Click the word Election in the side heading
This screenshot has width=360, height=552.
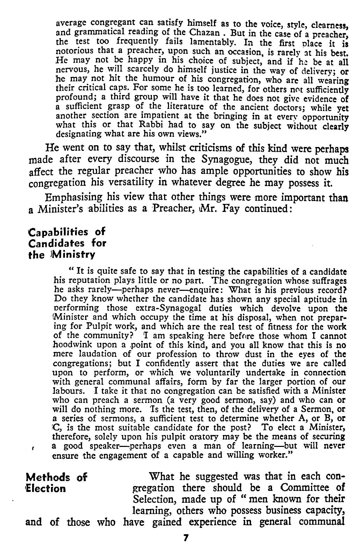pyautogui.click(x=47, y=488)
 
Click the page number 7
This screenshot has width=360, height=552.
pyautogui.click(x=186, y=538)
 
